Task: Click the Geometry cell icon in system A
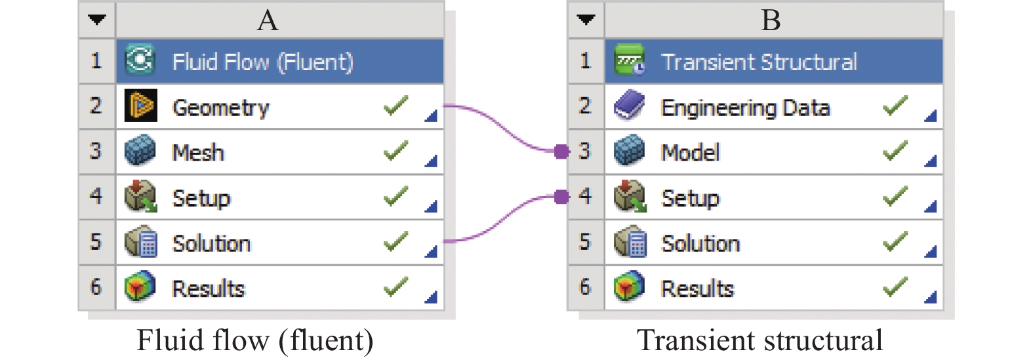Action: [x=140, y=106]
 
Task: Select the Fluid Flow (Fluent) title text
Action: [x=262, y=62]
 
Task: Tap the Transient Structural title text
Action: [x=759, y=62]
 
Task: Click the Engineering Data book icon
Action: [x=630, y=106]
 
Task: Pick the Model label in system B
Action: [x=690, y=152]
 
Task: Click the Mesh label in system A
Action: [x=198, y=152]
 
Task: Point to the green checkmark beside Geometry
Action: [x=395, y=105]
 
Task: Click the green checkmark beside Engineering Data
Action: [x=895, y=105]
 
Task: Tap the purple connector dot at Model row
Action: [x=561, y=151]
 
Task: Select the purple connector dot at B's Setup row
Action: [x=561, y=197]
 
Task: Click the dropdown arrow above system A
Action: [x=97, y=20]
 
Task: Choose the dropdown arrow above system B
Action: [x=586, y=20]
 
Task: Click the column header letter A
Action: [x=268, y=20]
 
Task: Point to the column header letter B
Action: [x=771, y=20]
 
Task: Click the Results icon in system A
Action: [x=140, y=287]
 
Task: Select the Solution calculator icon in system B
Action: [x=630, y=241]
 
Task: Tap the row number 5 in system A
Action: [x=96, y=241]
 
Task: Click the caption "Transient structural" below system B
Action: [x=760, y=340]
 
